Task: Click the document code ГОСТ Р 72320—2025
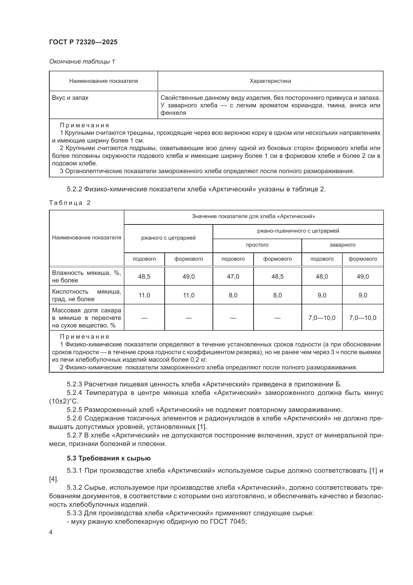pyautogui.click(x=83, y=42)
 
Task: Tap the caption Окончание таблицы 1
pyautogui.click(x=82, y=62)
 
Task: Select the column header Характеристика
pyautogui.click(x=270, y=81)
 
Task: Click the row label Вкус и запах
pyautogui.click(x=70, y=98)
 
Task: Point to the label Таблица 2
pyautogui.click(x=70, y=203)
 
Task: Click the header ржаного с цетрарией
pyautogui.click(x=168, y=238)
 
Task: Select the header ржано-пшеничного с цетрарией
pyautogui.click(x=298, y=231)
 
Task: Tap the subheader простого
pyautogui.click(x=257, y=245)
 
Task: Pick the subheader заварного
pyautogui.click(x=342, y=245)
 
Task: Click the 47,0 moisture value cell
pyautogui.click(x=233, y=276)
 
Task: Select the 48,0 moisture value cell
pyautogui.click(x=322, y=276)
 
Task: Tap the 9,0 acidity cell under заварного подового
pyautogui.click(x=322, y=295)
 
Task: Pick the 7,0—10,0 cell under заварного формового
pyautogui.click(x=363, y=318)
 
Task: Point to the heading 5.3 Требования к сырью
pyautogui.click(x=109, y=458)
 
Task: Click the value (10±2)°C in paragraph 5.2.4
pyautogui.click(x=64, y=401)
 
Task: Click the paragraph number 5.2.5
pyautogui.click(x=74, y=410)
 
